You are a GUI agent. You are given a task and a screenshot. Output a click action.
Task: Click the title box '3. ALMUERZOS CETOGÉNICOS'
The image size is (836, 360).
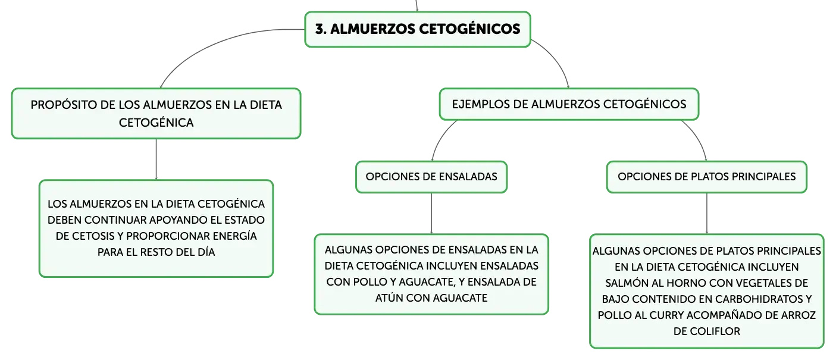click(x=418, y=29)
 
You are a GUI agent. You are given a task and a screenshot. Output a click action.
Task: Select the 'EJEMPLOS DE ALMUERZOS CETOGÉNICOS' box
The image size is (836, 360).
click(x=569, y=104)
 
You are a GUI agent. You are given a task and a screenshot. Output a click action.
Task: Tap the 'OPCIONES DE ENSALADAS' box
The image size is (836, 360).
click(x=431, y=177)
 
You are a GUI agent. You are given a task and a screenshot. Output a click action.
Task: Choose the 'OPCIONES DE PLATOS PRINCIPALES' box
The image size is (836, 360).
click(x=707, y=177)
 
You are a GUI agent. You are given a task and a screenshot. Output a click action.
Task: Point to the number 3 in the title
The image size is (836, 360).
click(x=320, y=29)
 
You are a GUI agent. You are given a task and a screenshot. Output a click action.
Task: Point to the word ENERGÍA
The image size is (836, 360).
click(x=235, y=236)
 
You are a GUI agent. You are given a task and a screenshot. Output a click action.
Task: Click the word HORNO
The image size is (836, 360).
click(x=683, y=283)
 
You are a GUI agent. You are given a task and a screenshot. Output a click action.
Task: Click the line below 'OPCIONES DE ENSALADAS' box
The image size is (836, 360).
click(x=431, y=214)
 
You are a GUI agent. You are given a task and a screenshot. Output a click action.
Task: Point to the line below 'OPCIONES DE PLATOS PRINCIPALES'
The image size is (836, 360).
click(x=707, y=214)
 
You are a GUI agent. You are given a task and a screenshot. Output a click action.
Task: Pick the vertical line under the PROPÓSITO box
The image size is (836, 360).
click(x=156, y=159)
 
